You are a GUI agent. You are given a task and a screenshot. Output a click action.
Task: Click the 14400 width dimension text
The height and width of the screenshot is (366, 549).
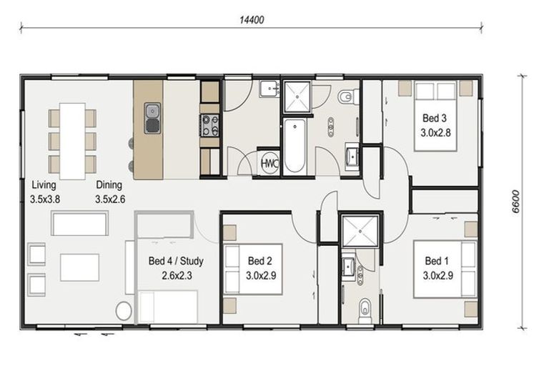click(252, 20)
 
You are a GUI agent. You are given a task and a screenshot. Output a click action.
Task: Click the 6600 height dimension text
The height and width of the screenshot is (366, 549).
click(515, 202)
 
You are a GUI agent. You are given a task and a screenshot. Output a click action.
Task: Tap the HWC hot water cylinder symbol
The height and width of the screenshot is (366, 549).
click(269, 163)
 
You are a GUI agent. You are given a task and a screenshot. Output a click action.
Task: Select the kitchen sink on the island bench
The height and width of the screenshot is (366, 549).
click(153, 118)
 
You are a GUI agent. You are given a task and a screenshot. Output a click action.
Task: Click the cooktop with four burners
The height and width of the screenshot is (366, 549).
click(209, 125)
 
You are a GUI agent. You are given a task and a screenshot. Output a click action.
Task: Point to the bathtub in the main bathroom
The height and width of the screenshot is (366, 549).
click(295, 147)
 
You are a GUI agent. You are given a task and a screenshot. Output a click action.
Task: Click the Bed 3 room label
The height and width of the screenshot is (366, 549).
click(435, 125)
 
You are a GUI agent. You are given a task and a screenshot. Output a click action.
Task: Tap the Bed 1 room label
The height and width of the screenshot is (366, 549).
click(437, 268)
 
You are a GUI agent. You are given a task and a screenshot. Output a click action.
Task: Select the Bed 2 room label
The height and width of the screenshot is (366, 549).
click(260, 268)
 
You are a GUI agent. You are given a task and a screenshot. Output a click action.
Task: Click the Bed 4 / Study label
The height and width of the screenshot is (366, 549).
click(176, 268)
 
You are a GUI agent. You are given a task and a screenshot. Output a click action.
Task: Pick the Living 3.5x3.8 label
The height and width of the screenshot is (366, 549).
click(45, 192)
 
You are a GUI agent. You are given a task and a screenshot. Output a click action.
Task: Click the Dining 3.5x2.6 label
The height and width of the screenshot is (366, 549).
click(110, 192)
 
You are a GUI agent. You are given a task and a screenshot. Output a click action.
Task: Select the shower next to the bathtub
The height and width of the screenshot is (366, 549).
click(297, 97)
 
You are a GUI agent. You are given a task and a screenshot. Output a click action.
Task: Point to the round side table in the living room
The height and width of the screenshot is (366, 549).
click(124, 311)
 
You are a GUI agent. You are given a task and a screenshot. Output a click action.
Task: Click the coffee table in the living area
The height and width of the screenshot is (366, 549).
click(79, 267)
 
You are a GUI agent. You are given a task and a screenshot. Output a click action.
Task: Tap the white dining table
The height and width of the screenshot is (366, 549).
click(72, 141)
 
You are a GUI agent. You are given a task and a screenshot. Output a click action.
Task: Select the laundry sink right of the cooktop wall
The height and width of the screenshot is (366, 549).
click(269, 89)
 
